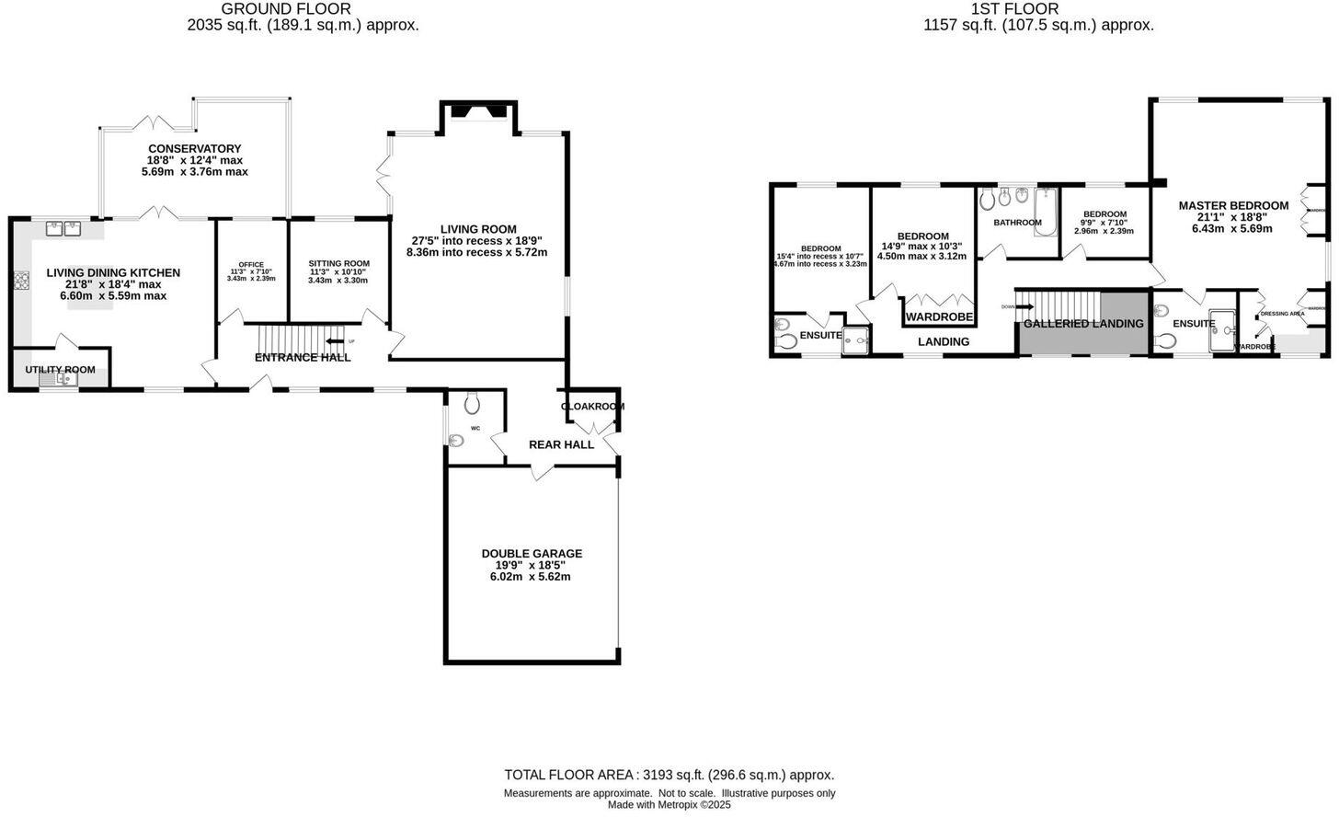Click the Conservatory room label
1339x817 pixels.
coord(194,149)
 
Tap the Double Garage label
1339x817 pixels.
coord(532,554)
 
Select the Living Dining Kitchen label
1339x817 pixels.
coord(113,273)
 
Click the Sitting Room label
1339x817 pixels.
coord(338,264)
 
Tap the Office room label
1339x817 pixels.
coord(251,265)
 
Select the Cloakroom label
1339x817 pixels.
coord(592,407)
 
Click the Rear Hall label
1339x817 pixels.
coord(561,444)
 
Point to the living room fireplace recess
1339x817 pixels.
coord(481,113)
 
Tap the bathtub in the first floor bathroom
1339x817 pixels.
coord(1047,212)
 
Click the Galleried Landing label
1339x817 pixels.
coord(1083,324)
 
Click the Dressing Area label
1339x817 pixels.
coord(1282,314)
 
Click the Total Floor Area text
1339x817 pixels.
coord(669,775)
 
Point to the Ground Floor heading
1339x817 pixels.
coord(285,9)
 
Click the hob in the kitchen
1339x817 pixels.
coord(21,279)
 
